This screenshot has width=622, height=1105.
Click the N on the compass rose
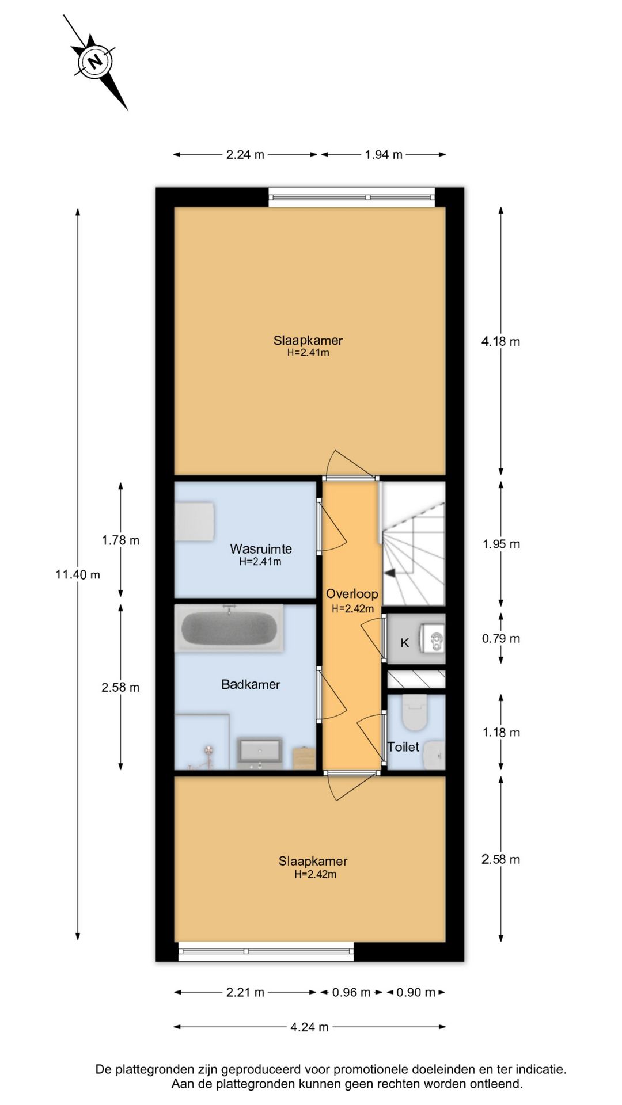95,60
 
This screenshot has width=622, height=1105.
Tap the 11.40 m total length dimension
78,574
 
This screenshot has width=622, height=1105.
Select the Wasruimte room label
261,548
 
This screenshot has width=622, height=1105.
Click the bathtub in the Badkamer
229,628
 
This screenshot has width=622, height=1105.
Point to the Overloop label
352,593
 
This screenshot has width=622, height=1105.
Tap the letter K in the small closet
404,643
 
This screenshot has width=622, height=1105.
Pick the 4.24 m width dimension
310,1027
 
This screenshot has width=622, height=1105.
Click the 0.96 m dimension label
351,992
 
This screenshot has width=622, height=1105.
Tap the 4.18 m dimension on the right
500,341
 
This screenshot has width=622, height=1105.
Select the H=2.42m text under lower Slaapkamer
315,874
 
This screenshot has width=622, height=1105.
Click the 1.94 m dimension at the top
384,154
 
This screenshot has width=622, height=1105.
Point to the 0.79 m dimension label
501,638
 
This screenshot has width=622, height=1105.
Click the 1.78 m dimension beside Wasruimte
120,540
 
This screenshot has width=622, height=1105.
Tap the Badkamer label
251,684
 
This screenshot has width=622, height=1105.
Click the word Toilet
403,746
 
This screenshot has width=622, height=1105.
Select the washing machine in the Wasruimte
195,521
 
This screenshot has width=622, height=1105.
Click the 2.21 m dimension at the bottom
245,992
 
